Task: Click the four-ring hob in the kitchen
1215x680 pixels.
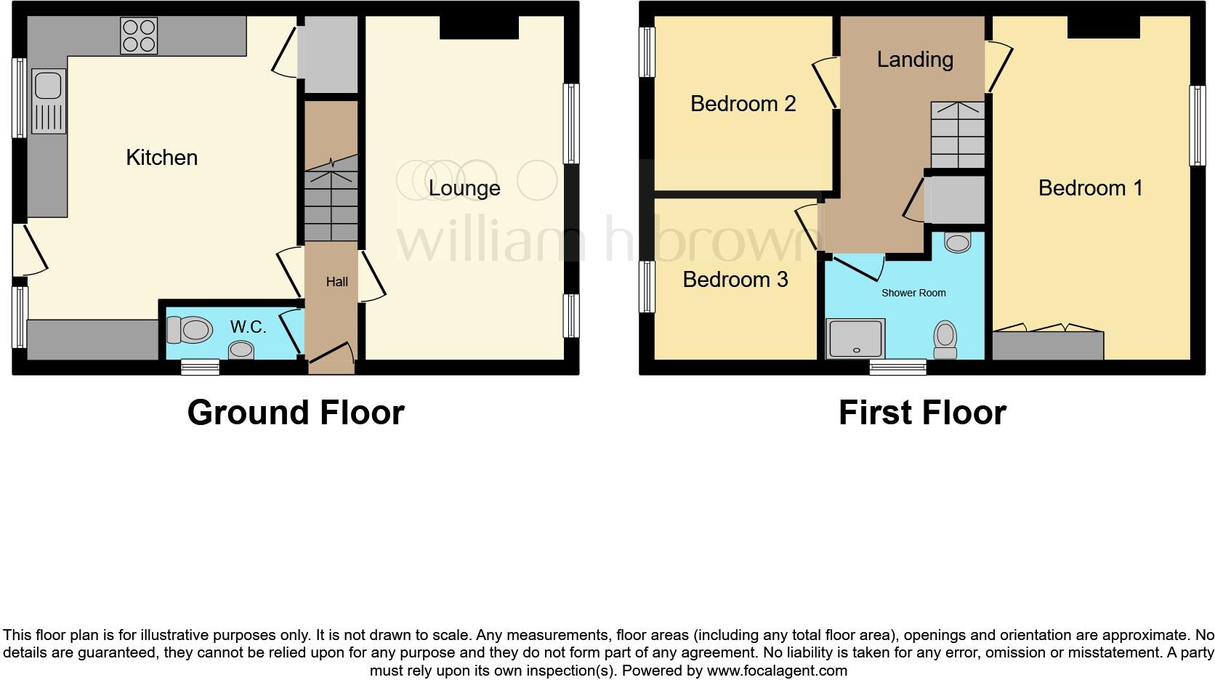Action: click(x=139, y=36)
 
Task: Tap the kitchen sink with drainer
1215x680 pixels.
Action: click(x=48, y=102)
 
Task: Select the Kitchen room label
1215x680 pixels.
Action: click(x=161, y=158)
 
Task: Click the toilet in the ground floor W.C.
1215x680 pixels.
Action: click(x=189, y=331)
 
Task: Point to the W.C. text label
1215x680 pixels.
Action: click(x=248, y=327)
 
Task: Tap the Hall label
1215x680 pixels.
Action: click(x=336, y=282)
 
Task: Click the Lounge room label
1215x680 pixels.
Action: click(x=464, y=188)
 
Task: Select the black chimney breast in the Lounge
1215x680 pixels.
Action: click(x=478, y=28)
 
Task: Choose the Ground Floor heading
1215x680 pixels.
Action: click(x=295, y=413)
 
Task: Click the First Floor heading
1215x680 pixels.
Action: click(x=921, y=413)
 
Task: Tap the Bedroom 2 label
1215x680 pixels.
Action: click(x=743, y=104)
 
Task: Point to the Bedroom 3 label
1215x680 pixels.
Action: click(x=735, y=280)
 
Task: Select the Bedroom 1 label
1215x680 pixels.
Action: click(x=1090, y=188)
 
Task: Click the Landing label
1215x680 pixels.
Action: click(x=914, y=60)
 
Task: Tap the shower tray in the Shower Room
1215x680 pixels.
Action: click(x=855, y=338)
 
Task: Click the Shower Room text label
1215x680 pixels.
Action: click(x=913, y=293)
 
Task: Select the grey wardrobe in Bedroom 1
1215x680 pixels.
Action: click(x=1047, y=346)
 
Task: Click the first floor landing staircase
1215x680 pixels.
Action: click(x=957, y=135)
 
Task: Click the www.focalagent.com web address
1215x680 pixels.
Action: click(x=777, y=671)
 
